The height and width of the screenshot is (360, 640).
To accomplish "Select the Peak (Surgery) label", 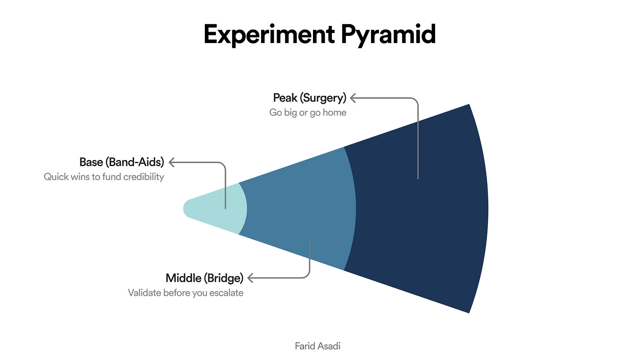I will click(309, 97).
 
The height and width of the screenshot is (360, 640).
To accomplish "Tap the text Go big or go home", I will click(308, 113).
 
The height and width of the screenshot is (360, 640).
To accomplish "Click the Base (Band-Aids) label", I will click(121, 162).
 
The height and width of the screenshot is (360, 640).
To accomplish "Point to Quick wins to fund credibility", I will click(104, 177).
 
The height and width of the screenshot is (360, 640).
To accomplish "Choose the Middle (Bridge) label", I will click(204, 278).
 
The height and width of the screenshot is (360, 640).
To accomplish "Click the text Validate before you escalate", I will click(185, 293).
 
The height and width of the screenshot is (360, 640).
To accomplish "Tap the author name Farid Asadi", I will click(317, 346).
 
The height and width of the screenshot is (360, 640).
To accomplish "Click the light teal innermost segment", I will click(211, 208).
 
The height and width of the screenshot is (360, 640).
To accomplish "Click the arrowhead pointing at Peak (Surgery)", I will click(353, 98).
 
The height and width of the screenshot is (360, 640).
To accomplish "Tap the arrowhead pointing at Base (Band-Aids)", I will click(171, 162).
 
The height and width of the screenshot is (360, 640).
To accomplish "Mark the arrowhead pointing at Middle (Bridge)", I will click(251, 278).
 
